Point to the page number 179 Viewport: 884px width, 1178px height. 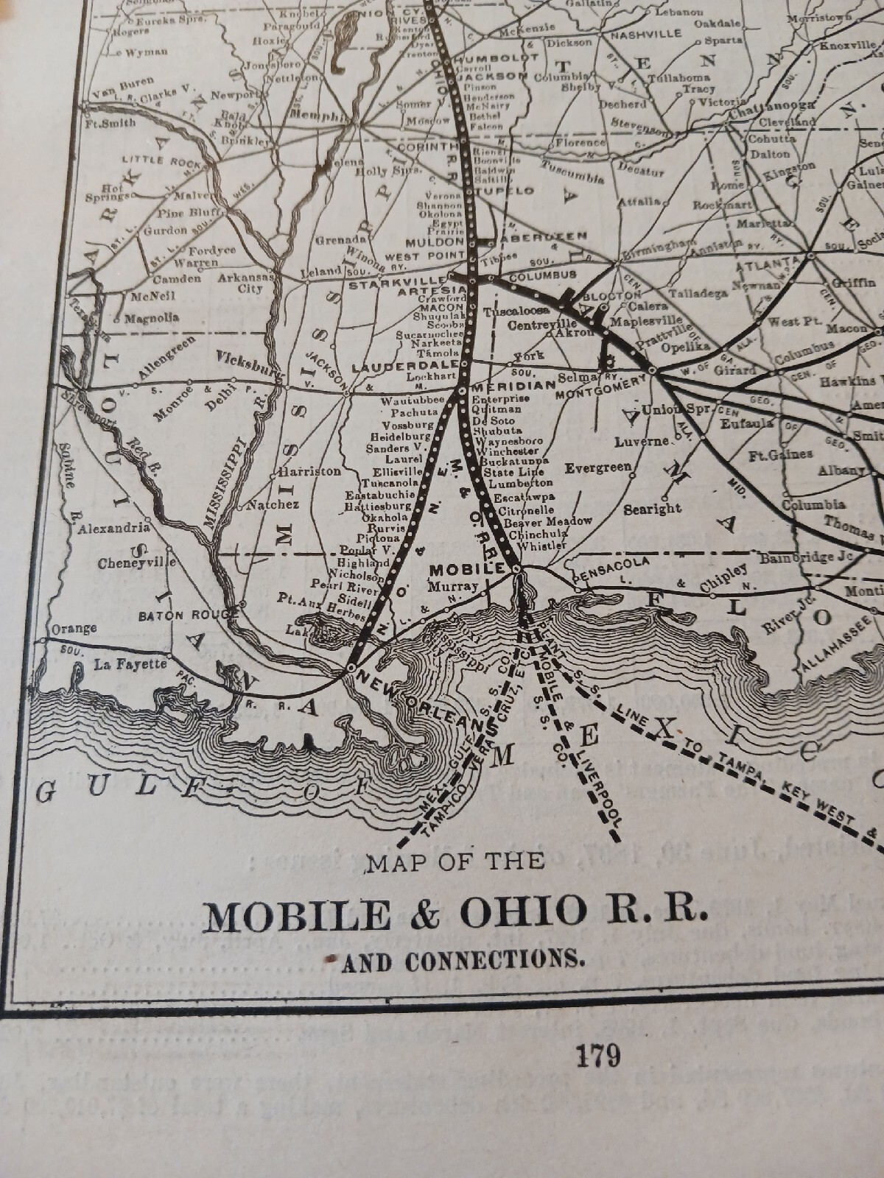click(598, 1057)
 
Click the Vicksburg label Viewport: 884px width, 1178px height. click(250, 362)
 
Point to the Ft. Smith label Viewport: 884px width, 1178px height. click(110, 123)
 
